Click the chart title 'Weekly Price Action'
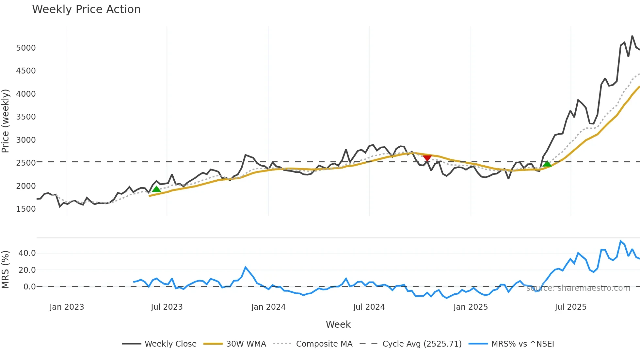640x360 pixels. point(86,9)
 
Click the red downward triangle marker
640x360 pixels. point(427,158)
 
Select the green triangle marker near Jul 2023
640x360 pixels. point(156,189)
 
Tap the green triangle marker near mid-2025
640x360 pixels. point(547,164)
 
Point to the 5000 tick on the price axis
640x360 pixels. point(26,48)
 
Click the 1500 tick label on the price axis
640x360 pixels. point(26,209)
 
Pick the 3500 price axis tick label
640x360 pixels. point(26,117)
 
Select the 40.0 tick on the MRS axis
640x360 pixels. point(27,253)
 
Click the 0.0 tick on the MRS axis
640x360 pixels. point(29,287)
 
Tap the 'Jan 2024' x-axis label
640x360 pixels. point(268,307)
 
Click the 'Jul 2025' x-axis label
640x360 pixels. point(570,307)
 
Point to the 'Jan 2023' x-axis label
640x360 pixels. point(67,307)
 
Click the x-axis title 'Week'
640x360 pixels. point(338,324)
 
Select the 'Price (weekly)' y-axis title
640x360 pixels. point(6,121)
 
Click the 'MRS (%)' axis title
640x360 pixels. point(6,270)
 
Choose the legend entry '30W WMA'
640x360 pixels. point(246,344)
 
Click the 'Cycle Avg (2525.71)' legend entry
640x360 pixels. point(422,344)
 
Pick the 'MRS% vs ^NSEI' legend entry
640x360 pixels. point(522,344)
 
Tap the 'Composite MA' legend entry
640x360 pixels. point(324,344)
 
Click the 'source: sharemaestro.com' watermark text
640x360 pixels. point(578,288)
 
